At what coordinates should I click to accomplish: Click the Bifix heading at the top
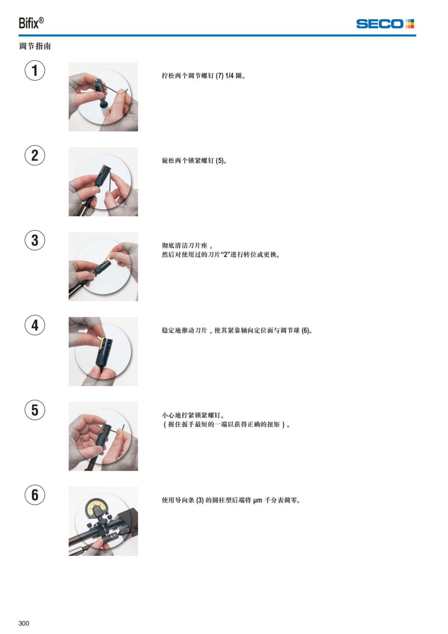[x=31, y=23]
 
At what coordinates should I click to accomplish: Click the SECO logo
[x=385, y=24]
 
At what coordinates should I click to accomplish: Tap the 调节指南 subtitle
[x=35, y=46]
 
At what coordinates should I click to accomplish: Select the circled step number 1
[x=35, y=71]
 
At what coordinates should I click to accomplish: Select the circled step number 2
[x=35, y=155]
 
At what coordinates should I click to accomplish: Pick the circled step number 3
[x=35, y=240]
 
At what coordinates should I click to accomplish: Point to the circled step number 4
[x=35, y=325]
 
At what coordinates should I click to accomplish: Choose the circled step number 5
[x=35, y=410]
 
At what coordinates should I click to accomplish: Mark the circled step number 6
[x=35, y=495]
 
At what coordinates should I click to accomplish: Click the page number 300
[x=24, y=623]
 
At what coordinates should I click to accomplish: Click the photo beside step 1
[x=103, y=97]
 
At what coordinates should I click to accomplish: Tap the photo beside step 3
[x=103, y=266]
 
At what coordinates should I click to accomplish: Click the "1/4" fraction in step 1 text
[x=229, y=76]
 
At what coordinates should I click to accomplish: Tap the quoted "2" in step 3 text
[x=225, y=255]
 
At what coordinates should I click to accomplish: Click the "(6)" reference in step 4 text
[x=306, y=331]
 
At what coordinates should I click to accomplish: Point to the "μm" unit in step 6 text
[x=258, y=500]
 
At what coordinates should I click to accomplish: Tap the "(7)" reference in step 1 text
[x=220, y=76]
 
